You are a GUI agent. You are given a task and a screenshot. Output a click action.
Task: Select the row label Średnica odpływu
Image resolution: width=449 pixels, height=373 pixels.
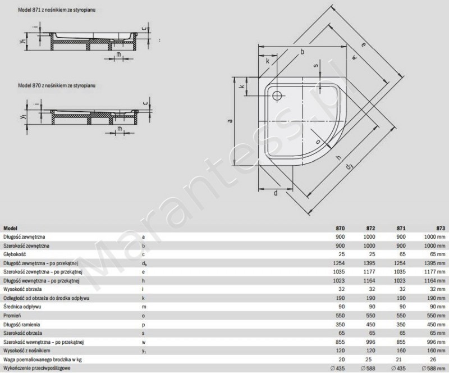[x=22, y=306]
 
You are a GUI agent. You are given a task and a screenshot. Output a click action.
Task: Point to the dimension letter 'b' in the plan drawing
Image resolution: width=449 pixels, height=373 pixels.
[x=303, y=52]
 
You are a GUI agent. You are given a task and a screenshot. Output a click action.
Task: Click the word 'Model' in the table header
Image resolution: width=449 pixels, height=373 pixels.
[x=10, y=229]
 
